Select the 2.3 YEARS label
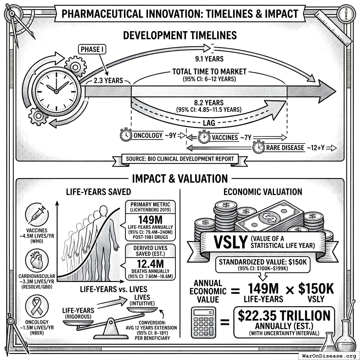108,81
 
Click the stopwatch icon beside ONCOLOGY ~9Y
126,135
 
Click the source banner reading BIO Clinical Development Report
180,159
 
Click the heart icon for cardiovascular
37,260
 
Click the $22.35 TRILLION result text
284,315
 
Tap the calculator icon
203,322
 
